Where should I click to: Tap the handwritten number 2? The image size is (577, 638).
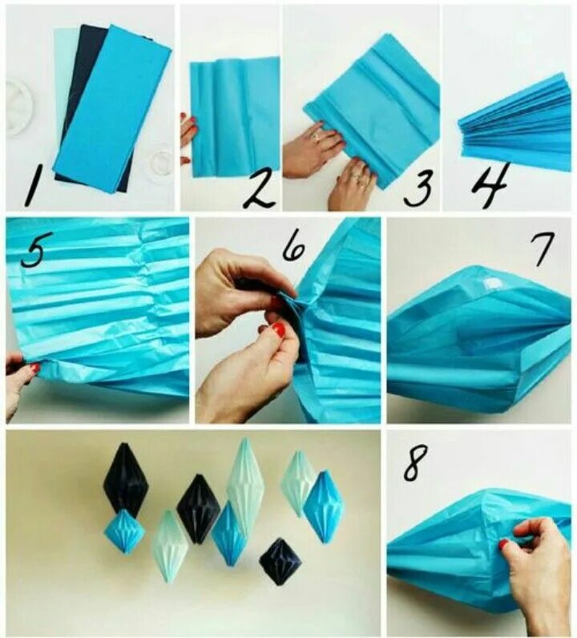click(x=259, y=190)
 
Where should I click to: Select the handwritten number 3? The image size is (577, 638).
click(x=418, y=188)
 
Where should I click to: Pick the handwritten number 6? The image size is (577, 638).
click(x=294, y=247)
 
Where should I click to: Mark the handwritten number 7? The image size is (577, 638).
click(x=543, y=249)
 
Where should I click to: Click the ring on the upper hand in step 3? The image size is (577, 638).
click(x=317, y=136)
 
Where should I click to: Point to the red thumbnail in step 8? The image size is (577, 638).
click(x=504, y=544)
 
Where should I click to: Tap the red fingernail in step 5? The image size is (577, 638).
click(x=35, y=368)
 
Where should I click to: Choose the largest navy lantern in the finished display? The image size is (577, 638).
click(x=126, y=480)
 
